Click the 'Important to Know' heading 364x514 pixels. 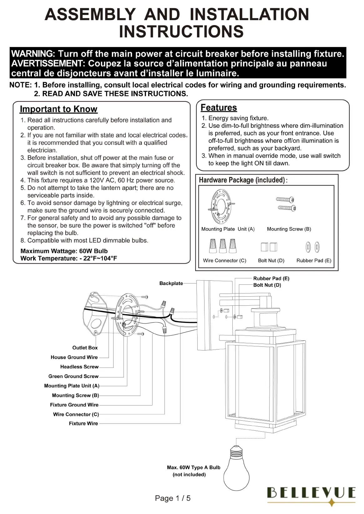click(58, 109)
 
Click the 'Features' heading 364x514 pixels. click(219, 107)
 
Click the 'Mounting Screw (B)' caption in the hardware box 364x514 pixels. click(289, 229)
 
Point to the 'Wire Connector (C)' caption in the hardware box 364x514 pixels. click(225, 261)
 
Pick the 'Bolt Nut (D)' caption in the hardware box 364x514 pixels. click(271, 261)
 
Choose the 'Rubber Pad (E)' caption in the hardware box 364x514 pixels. click(314, 261)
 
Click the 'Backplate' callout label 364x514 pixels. click(171, 283)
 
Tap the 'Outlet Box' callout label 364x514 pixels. click(85, 348)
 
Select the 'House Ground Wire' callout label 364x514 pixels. click(74, 357)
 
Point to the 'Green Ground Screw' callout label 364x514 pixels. click(73, 376)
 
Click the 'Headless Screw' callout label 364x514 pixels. click(79, 367)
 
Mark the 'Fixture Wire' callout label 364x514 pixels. click(83, 423)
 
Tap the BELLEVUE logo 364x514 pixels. click(311, 493)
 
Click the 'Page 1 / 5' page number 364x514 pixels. click(173, 498)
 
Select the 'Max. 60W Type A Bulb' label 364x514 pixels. click(194, 467)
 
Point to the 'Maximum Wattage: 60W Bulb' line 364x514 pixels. click(64, 251)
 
